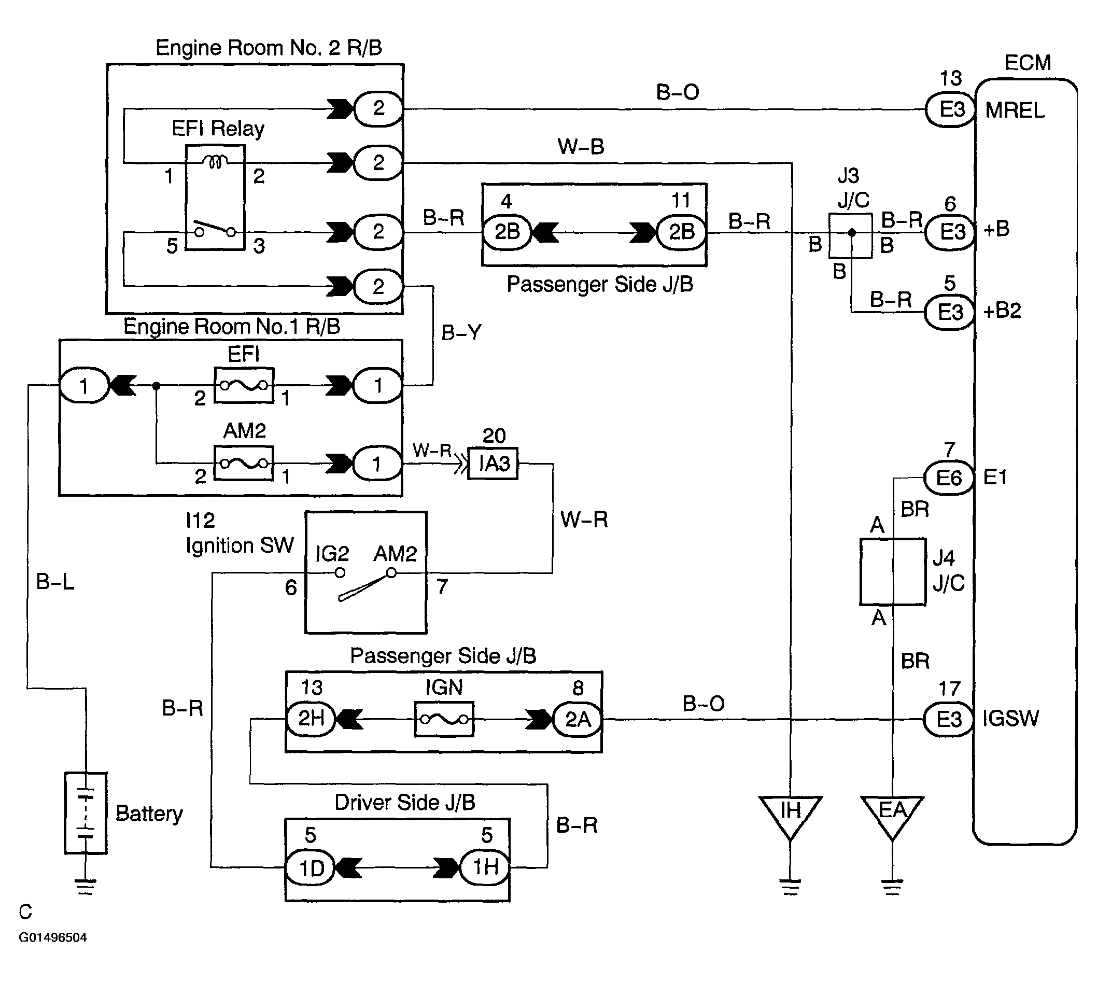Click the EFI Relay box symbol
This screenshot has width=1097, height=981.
tap(216, 197)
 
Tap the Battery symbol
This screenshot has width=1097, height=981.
tap(86, 813)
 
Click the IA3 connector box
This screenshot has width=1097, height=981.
tap(493, 463)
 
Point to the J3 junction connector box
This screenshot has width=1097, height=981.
tap(850, 235)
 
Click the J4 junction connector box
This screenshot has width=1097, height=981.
tap(893, 571)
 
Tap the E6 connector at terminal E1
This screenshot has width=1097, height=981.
tap(949, 478)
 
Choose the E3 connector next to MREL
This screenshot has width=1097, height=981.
tap(950, 110)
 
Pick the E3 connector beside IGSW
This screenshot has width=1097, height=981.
tap(948, 719)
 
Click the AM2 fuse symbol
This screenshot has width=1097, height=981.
tap(244, 463)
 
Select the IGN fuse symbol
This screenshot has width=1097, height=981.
tap(444, 719)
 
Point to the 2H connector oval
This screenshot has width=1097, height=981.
tap(311, 719)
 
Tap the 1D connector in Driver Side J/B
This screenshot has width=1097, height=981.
tap(311, 868)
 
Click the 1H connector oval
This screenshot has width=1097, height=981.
tap(485, 867)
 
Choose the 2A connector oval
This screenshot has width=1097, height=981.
tap(578, 719)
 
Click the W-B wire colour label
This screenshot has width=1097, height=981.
tap(581, 147)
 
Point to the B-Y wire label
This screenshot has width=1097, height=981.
tap(461, 332)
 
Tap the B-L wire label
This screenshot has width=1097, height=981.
tap(55, 582)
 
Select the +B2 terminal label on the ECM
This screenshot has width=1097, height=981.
tap(1002, 311)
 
